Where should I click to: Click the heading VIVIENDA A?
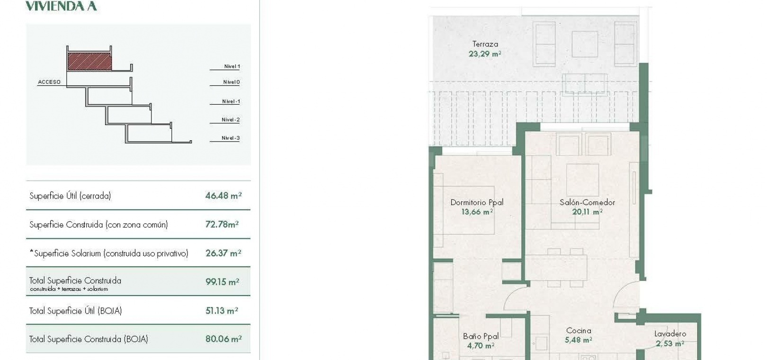tap(61, 6)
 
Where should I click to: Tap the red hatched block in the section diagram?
tap(89, 61)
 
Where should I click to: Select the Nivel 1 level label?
tap(232, 66)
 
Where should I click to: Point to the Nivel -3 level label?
tap(231, 138)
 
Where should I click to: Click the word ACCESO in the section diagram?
tap(49, 82)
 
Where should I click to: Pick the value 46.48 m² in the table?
tap(223, 196)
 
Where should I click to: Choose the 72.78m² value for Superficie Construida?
tap(222, 225)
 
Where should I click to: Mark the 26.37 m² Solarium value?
tap(223, 253)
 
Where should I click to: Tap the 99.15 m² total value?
tap(222, 282)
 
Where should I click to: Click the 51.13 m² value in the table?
tap(222, 311)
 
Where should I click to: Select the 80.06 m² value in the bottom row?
tap(223, 339)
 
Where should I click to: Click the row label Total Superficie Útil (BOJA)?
tap(75, 311)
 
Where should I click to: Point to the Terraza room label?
tap(485, 44)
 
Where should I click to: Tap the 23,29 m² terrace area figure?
tap(485, 54)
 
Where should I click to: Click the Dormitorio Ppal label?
tap(477, 202)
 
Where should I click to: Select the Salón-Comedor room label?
tap(587, 202)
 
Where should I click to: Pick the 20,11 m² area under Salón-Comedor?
tap(587, 212)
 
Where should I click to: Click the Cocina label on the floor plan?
tap(579, 331)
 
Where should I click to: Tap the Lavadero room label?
tap(670, 333)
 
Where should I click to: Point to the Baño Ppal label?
tap(481, 336)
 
